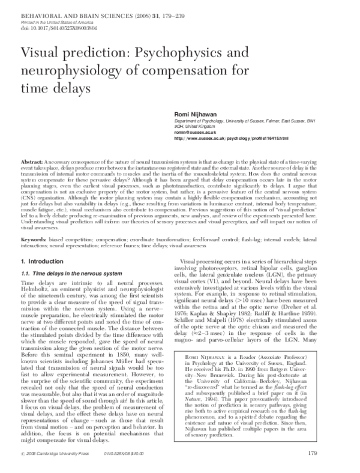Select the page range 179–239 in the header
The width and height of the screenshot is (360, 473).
tap(149, 4)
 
